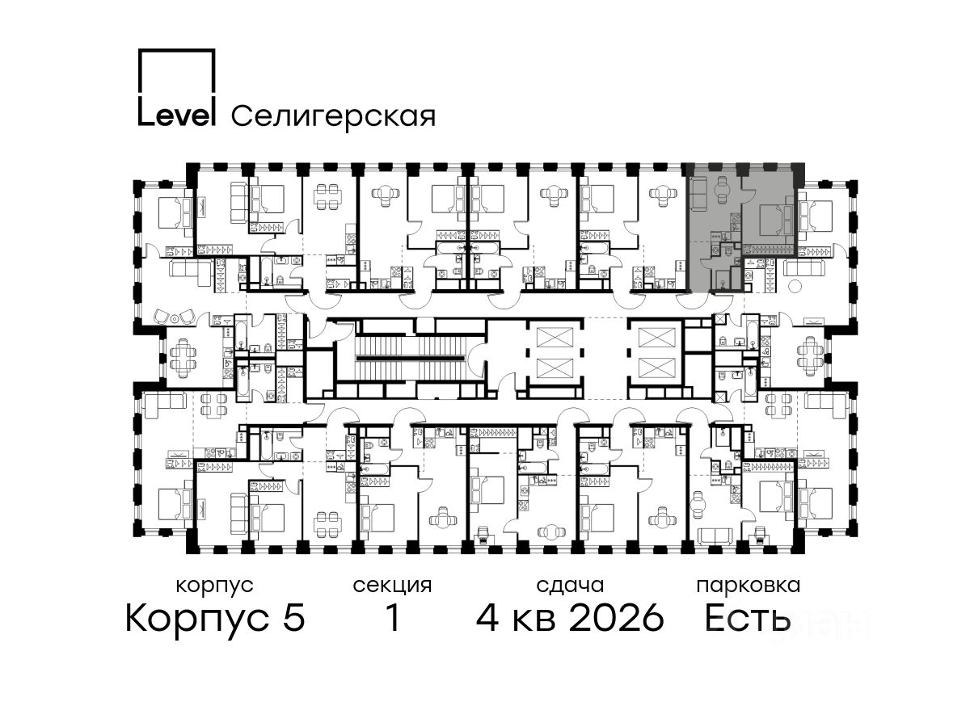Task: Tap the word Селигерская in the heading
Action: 334,116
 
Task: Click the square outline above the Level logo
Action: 176,73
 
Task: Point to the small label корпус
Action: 215,586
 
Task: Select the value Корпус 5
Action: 215,618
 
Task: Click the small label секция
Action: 392,586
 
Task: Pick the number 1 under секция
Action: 393,617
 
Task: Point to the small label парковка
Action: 749,586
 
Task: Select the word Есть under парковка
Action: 747,618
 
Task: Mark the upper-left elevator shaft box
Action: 555,337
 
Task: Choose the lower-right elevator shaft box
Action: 657,368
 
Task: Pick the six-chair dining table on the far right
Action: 810,356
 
